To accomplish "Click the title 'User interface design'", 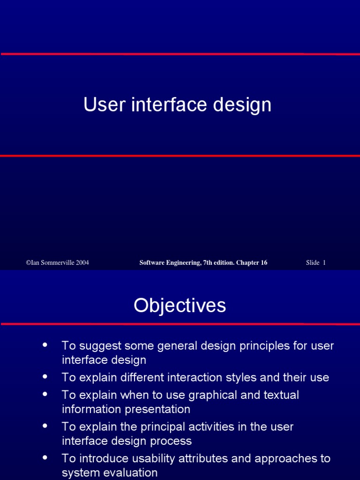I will pos(177,105).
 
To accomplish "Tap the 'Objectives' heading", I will pos(180,306).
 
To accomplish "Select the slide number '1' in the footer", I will pos(324,262).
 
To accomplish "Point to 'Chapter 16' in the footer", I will pos(252,262).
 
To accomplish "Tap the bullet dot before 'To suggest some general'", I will pos(45,345).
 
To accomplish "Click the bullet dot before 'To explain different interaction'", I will pos(45,376).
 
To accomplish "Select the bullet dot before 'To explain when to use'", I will pos(45,394).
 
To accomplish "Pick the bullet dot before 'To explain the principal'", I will pos(45,426).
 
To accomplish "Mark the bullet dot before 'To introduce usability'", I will pos(45,457).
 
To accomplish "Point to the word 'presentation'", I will pos(158,409).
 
